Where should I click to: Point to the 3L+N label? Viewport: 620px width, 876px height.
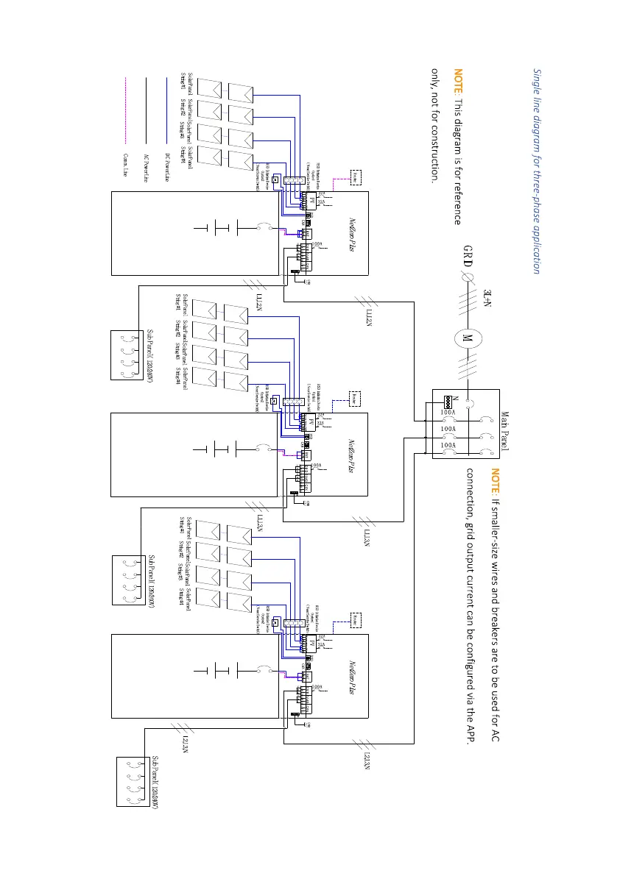point(487,296)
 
